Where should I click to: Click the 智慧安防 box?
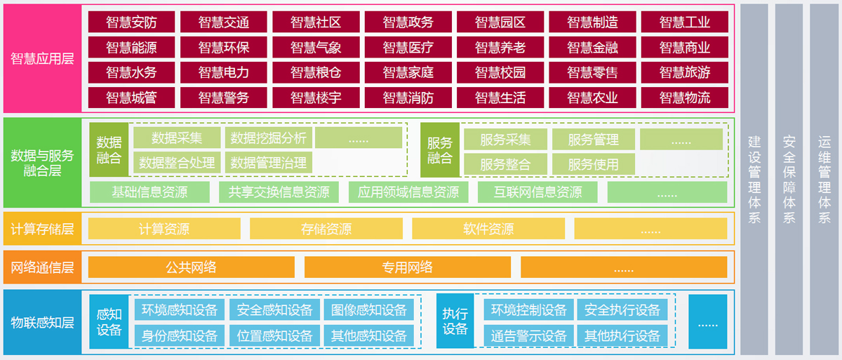131,22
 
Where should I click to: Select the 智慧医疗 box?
408,48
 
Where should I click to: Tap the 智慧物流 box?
684,98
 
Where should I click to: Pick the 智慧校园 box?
500,72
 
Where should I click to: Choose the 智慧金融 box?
592,48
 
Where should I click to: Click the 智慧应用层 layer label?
42,59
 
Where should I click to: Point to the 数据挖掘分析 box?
268,138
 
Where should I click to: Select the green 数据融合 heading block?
109,149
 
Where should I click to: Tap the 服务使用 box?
593,164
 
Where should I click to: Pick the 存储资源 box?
326,229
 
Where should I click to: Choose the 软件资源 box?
488,229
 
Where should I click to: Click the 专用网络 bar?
407,267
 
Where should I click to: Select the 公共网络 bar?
191,267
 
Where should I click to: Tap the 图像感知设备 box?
369,310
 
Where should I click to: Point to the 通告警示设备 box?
528,335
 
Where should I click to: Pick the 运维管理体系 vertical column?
824,179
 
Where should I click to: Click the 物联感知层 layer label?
42,323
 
